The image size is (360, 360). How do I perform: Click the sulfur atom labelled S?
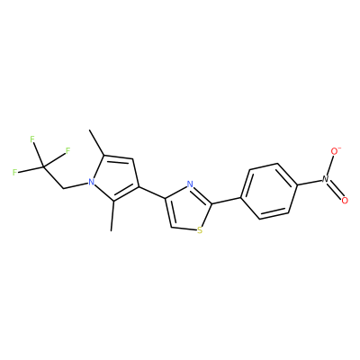click(x=200, y=230)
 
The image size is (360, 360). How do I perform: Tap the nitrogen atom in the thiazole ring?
click(x=190, y=184)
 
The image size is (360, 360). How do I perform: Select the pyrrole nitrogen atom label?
click(x=91, y=182)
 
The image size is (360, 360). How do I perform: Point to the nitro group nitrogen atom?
click(x=326, y=179)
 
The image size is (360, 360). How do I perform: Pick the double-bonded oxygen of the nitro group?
click(x=345, y=201)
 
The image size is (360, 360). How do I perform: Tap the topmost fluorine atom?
click(x=32, y=139)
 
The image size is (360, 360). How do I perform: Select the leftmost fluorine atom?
click(x=14, y=172)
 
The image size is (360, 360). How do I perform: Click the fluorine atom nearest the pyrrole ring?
click(x=67, y=150)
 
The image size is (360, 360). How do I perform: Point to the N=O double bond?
click(x=335, y=190)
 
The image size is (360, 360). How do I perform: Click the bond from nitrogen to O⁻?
click(x=330, y=166)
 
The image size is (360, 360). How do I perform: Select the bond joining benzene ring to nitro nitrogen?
click(x=310, y=183)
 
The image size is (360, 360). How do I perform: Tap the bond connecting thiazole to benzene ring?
click(x=227, y=201)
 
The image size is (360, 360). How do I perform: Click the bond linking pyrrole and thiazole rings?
click(x=152, y=193)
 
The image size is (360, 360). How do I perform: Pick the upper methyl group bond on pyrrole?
click(x=97, y=142)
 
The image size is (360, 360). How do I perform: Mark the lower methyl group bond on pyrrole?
click(x=112, y=216)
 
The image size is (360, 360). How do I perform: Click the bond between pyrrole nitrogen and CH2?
click(x=76, y=185)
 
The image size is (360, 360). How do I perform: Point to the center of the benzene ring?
click(x=269, y=191)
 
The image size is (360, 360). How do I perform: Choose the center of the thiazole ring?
click(x=187, y=209)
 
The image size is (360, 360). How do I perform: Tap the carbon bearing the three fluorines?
click(x=44, y=166)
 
